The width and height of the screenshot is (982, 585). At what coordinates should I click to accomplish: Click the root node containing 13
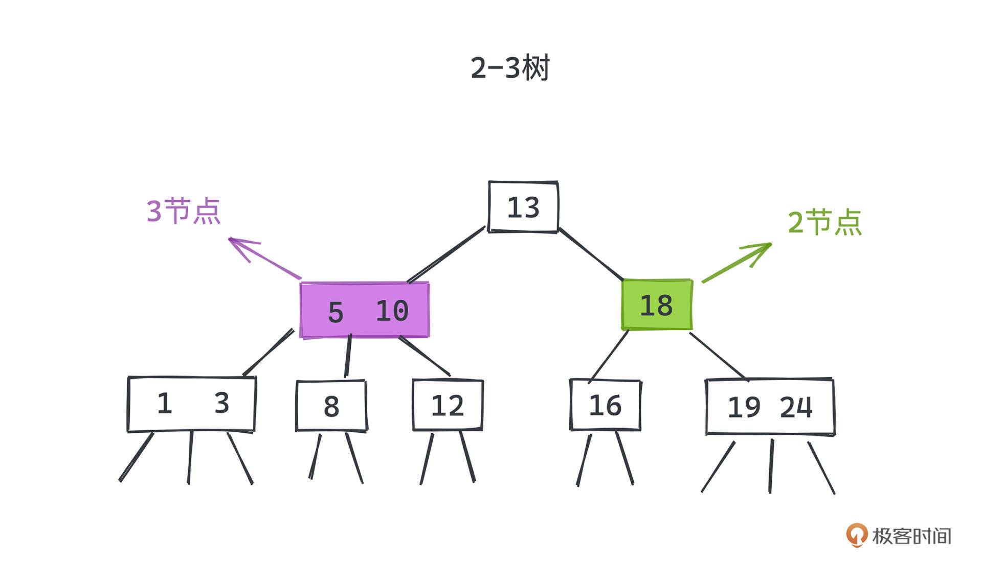(523, 207)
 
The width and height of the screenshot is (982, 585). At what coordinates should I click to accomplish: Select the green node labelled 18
(657, 305)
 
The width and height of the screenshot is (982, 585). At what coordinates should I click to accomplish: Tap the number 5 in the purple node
(336, 312)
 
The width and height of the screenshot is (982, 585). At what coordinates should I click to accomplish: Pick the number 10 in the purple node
(392, 311)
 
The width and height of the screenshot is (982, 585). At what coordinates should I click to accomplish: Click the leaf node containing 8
(331, 406)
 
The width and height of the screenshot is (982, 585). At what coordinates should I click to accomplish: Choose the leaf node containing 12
(448, 405)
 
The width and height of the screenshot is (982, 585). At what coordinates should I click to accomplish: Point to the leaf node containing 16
(606, 405)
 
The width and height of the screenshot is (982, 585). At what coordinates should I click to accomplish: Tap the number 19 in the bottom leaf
(744, 408)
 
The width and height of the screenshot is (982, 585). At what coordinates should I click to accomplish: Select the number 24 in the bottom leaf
(796, 407)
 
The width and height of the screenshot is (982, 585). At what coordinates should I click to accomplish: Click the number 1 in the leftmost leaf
(164, 404)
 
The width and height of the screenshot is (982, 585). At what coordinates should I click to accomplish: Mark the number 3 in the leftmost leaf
(221, 403)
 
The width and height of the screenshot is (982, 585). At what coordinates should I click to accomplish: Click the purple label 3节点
(183, 211)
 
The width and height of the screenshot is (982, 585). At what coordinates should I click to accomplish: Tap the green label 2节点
(824, 222)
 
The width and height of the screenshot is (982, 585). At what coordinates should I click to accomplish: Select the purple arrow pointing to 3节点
(264, 258)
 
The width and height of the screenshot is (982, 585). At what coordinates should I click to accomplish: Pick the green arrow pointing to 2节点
(737, 263)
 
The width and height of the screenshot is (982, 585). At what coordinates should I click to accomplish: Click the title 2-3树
(510, 68)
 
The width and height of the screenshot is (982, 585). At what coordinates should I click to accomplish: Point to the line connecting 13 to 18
(591, 254)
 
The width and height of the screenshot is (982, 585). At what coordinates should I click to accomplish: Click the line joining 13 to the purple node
(446, 254)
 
